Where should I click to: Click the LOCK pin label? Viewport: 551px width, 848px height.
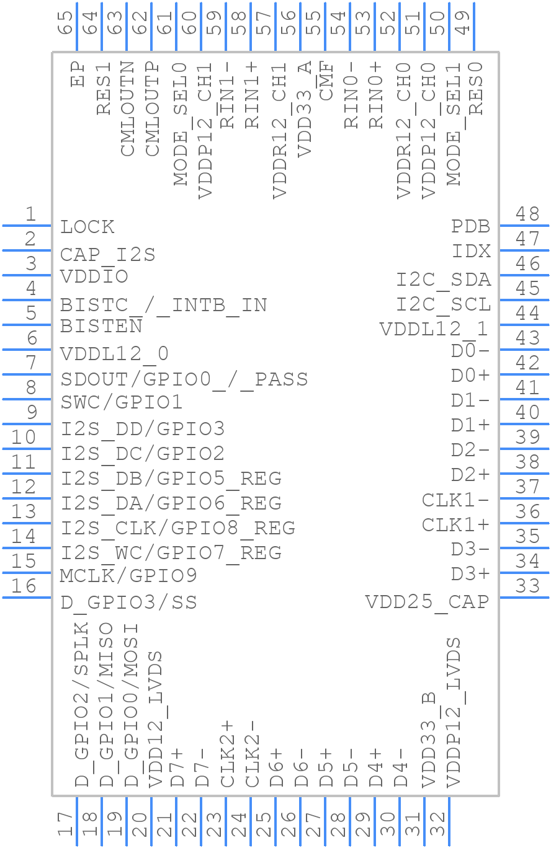(x=87, y=227)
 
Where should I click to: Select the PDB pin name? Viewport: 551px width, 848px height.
(x=471, y=227)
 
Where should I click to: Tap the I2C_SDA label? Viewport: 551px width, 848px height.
(x=444, y=280)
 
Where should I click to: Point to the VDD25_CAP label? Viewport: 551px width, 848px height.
(x=427, y=602)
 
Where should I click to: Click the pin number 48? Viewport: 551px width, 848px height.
(x=527, y=214)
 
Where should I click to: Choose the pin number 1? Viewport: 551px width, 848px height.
(x=30, y=214)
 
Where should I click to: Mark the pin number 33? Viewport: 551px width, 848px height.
(x=527, y=586)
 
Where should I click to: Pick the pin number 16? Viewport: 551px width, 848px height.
(x=24, y=586)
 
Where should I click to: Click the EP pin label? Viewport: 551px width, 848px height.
(x=78, y=73)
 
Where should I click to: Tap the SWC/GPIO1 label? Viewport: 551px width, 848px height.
(x=122, y=403)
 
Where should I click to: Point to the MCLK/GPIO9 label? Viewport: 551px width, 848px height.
(x=128, y=576)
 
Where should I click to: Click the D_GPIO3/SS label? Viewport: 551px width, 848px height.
(x=128, y=603)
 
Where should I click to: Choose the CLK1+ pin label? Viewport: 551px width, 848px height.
(x=456, y=525)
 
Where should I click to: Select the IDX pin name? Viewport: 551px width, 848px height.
(x=472, y=252)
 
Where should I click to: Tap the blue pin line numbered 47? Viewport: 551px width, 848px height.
(x=524, y=250)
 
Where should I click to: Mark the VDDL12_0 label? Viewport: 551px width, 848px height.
(x=114, y=354)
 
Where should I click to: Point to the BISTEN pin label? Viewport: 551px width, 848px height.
(x=101, y=326)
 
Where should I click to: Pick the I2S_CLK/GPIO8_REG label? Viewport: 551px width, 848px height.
(x=178, y=528)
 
